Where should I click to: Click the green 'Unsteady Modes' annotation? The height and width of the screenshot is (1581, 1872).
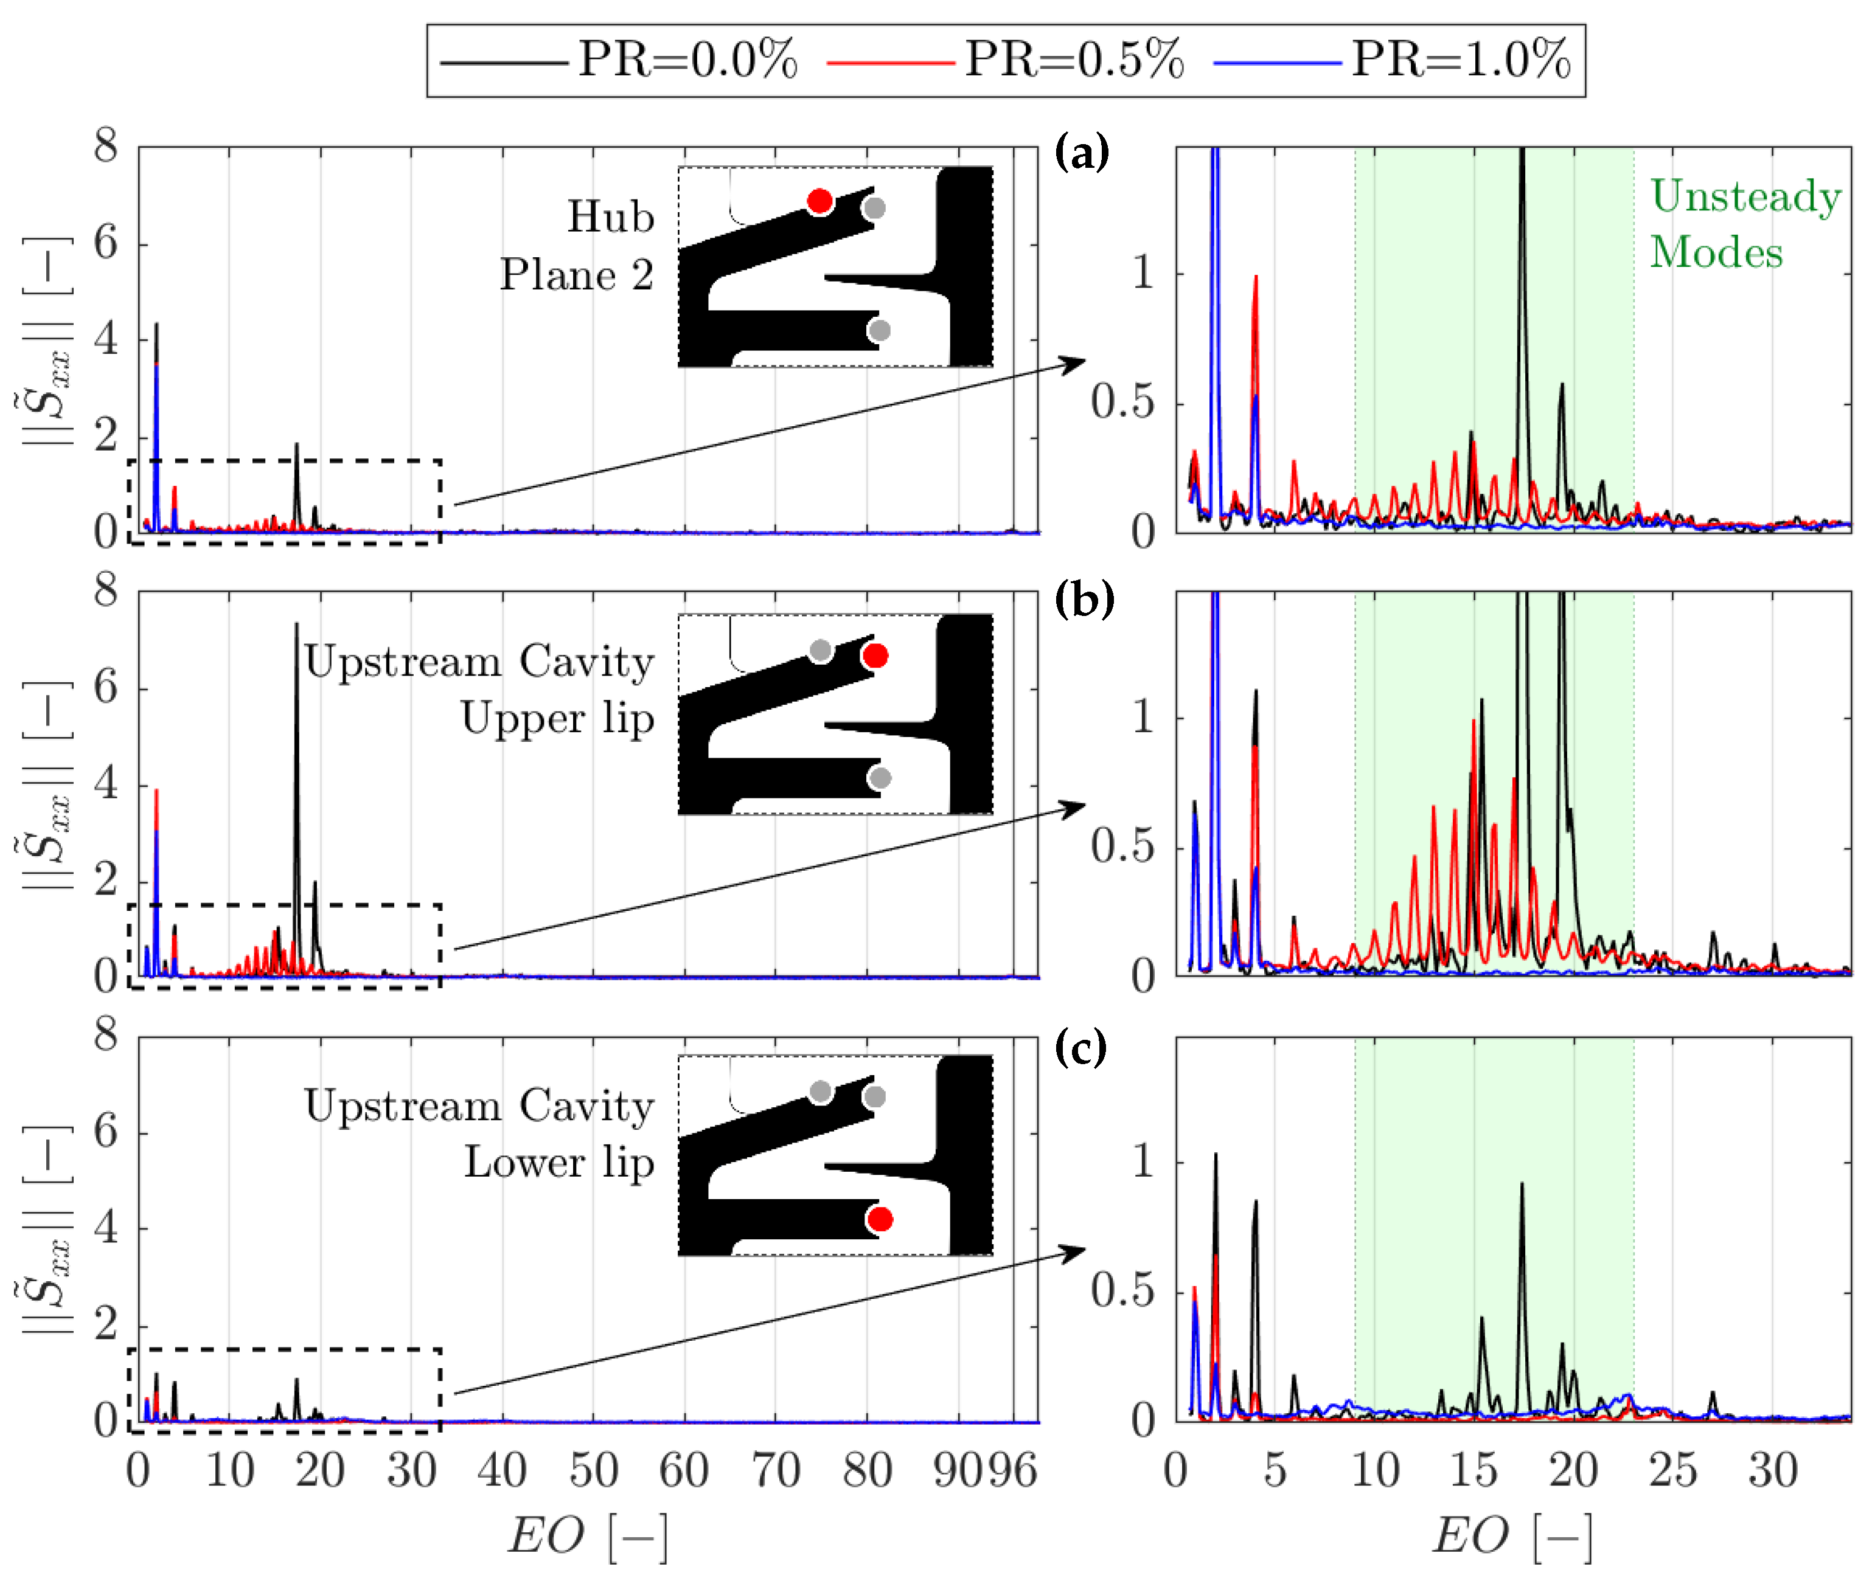point(1743,224)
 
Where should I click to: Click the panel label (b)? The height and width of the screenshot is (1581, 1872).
point(1083,600)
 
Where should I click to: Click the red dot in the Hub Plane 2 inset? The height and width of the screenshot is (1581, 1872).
point(818,201)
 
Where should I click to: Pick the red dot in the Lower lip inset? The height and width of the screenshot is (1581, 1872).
point(880,1220)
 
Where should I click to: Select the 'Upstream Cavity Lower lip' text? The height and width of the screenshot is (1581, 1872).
point(479,1135)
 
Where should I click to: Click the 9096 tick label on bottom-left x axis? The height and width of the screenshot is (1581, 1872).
point(984,1472)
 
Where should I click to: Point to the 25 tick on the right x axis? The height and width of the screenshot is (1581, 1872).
point(1673,1472)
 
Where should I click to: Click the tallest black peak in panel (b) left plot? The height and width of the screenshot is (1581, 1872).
point(297,628)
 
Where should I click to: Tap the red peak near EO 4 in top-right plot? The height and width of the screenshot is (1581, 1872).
point(1255,280)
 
